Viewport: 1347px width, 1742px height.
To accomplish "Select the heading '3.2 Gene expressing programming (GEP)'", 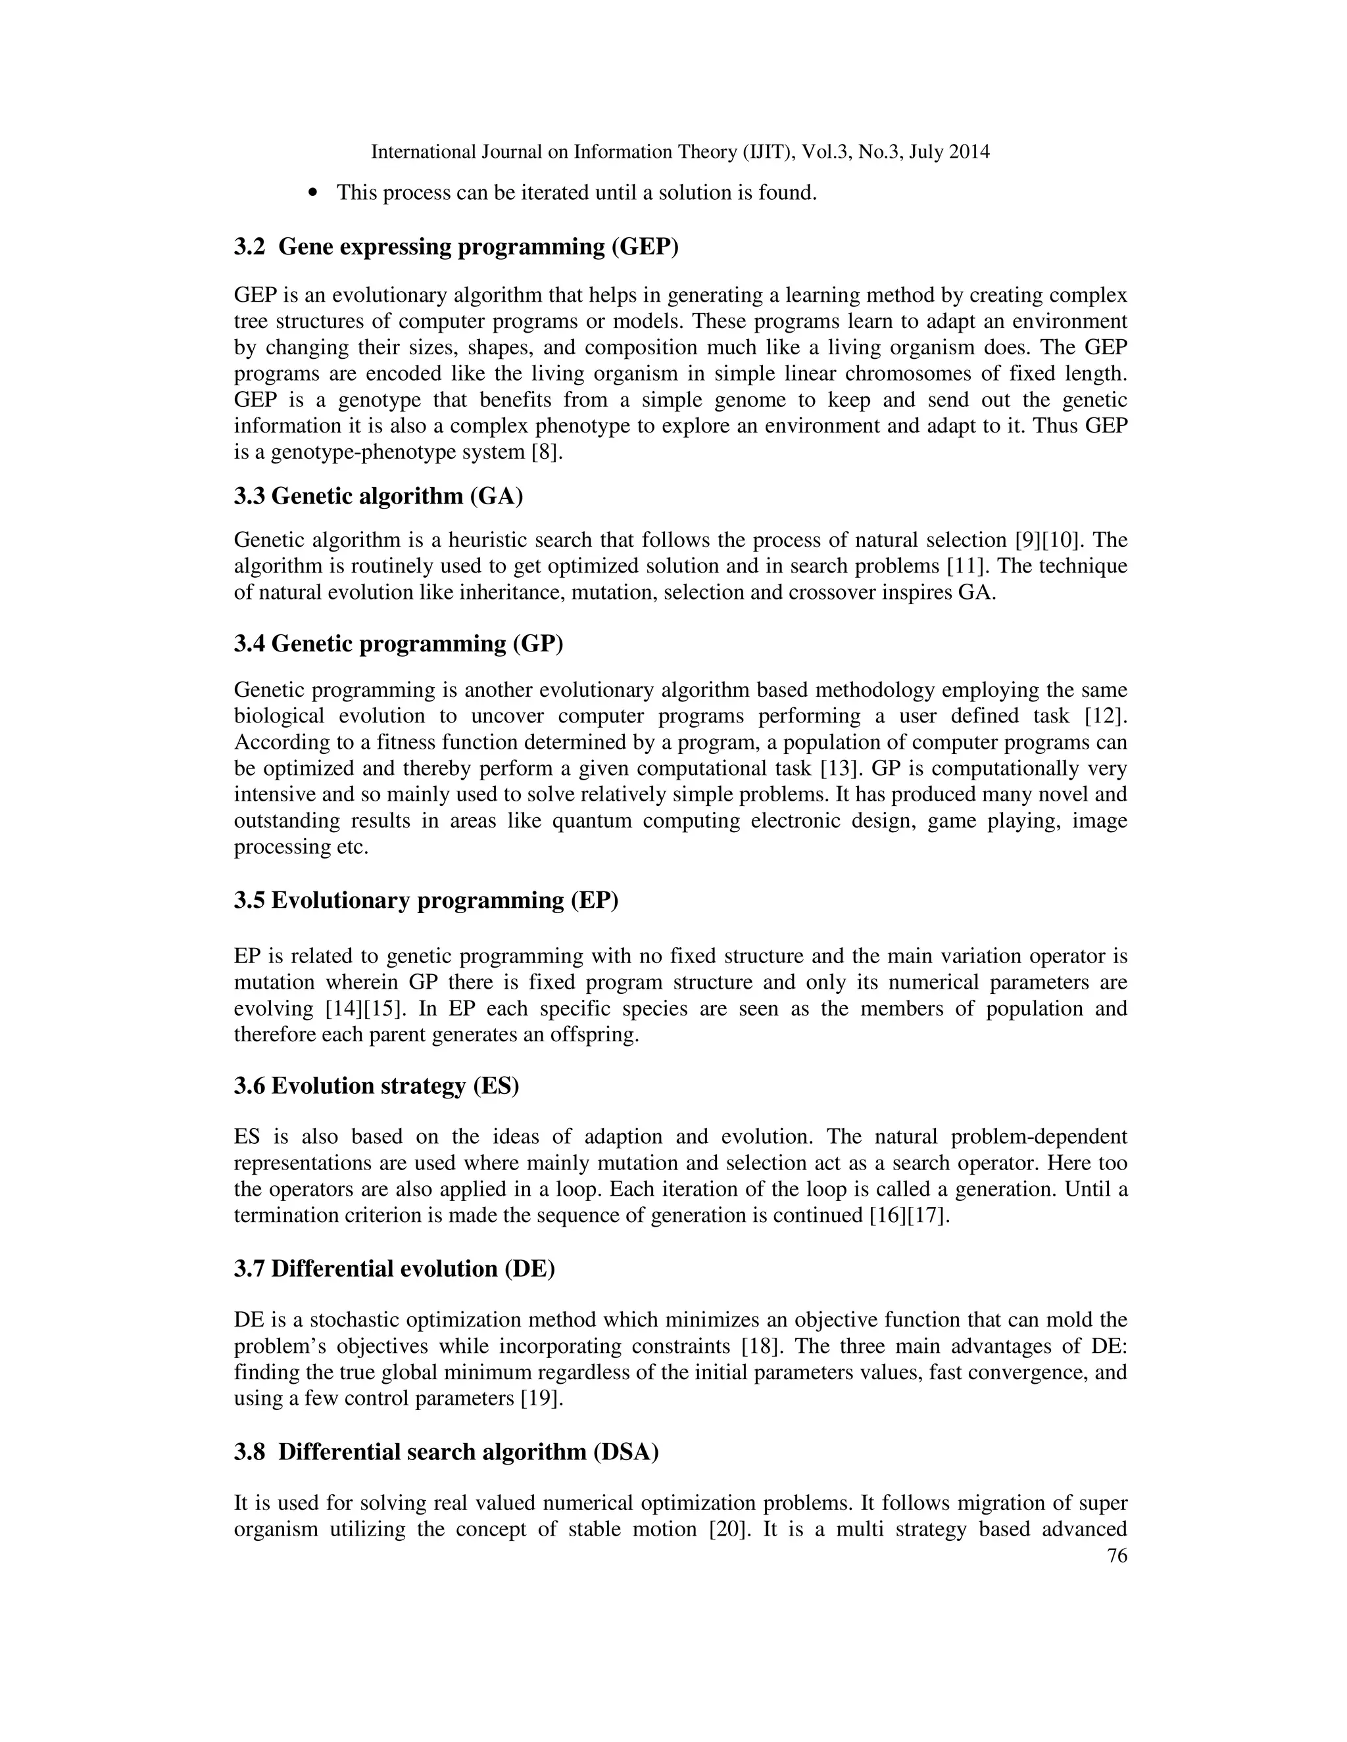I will point(456,247).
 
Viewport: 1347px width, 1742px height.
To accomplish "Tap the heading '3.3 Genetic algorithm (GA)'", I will point(378,496).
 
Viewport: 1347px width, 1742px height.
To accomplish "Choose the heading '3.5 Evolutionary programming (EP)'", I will point(426,901).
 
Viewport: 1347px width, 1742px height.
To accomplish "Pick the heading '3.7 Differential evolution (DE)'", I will point(394,1269).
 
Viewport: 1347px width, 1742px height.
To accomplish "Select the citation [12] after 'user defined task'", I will point(1106,717).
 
